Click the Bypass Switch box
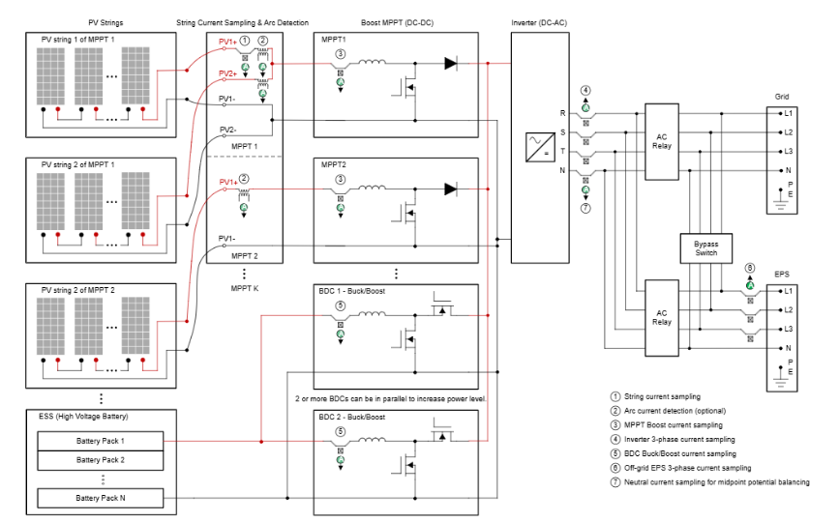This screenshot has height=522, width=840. click(706, 246)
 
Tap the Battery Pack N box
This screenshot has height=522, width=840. click(102, 499)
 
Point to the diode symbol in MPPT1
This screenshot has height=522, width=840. click(451, 64)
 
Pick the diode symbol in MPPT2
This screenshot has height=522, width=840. click(451, 188)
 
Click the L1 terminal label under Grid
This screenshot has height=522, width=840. click(789, 113)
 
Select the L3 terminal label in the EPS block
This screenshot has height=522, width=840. click(789, 329)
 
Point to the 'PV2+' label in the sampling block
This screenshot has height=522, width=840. click(227, 73)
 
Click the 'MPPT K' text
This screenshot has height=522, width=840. click(245, 288)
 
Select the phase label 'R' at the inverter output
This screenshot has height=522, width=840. click(562, 113)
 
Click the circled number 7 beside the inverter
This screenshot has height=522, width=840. click(585, 208)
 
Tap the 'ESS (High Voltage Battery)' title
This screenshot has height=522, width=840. click(83, 417)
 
